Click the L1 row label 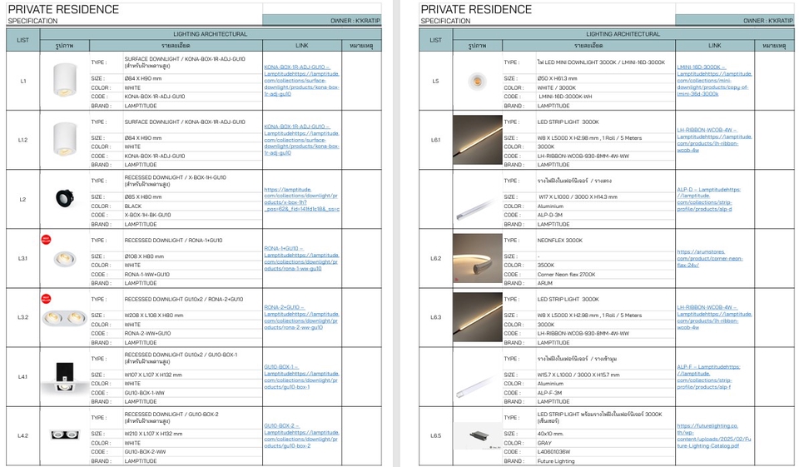23,81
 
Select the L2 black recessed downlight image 65,198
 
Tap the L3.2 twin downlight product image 65,318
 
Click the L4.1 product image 65,376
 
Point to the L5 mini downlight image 476,81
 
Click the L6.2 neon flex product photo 478,259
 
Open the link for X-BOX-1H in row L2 301,199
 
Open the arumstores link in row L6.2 701,258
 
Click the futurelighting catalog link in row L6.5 714,435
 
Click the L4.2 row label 23,435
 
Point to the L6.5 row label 436,435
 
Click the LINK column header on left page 301,45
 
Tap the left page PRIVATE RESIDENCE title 63,9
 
